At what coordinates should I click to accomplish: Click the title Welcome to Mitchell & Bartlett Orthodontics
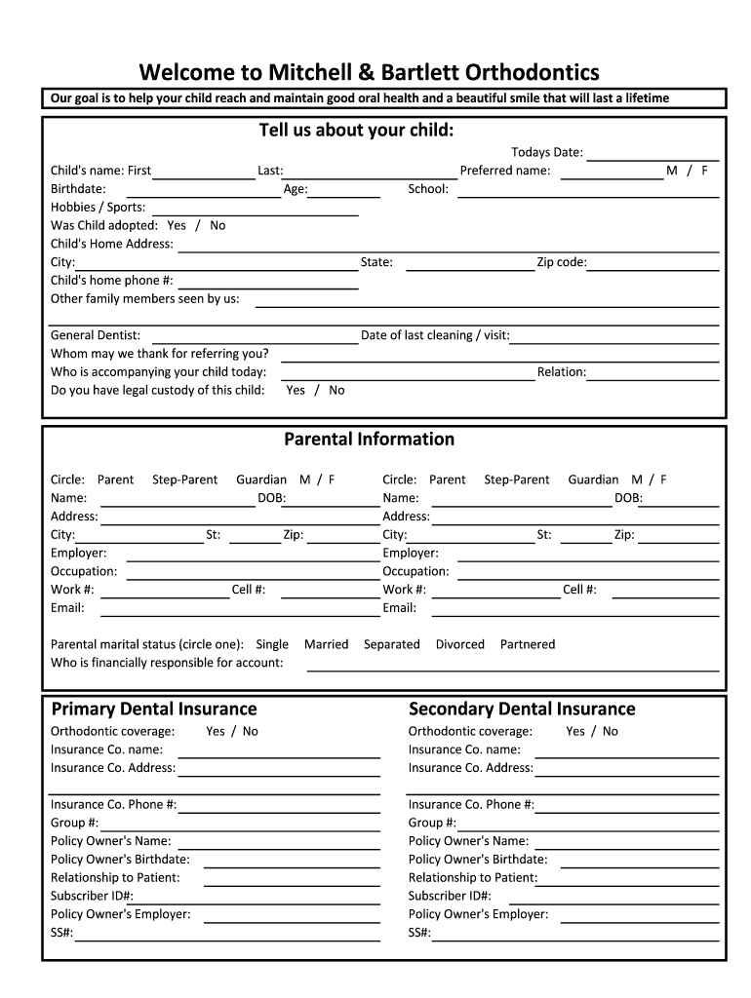coord(369,73)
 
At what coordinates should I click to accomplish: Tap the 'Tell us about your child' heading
coord(356,131)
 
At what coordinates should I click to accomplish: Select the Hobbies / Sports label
coord(98,207)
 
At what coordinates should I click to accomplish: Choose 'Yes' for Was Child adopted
coord(177,225)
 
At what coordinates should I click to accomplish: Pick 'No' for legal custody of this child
coord(336,390)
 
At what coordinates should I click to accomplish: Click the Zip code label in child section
coord(561,262)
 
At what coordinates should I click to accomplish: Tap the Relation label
coord(561,371)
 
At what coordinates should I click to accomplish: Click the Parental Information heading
coord(369,440)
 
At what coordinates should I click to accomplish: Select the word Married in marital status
coord(326,644)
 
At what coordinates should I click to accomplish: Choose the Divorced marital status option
coord(459,644)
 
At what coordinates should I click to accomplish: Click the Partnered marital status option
coord(527,644)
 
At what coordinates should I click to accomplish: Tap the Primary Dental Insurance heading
coord(154,709)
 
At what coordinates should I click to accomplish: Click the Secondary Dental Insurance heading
coord(522,709)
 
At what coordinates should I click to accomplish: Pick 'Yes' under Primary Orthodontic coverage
coord(216,731)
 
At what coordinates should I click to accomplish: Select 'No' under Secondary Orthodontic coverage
coord(611,731)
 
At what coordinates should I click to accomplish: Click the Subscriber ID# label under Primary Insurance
coord(92,896)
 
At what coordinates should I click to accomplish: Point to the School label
coord(428,189)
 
